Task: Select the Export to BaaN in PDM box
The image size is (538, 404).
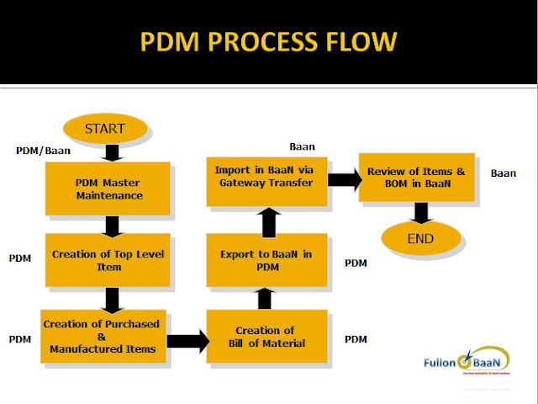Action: click(x=266, y=262)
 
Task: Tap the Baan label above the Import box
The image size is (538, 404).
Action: click(x=302, y=146)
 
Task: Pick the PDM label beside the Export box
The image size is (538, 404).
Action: click(x=356, y=263)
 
